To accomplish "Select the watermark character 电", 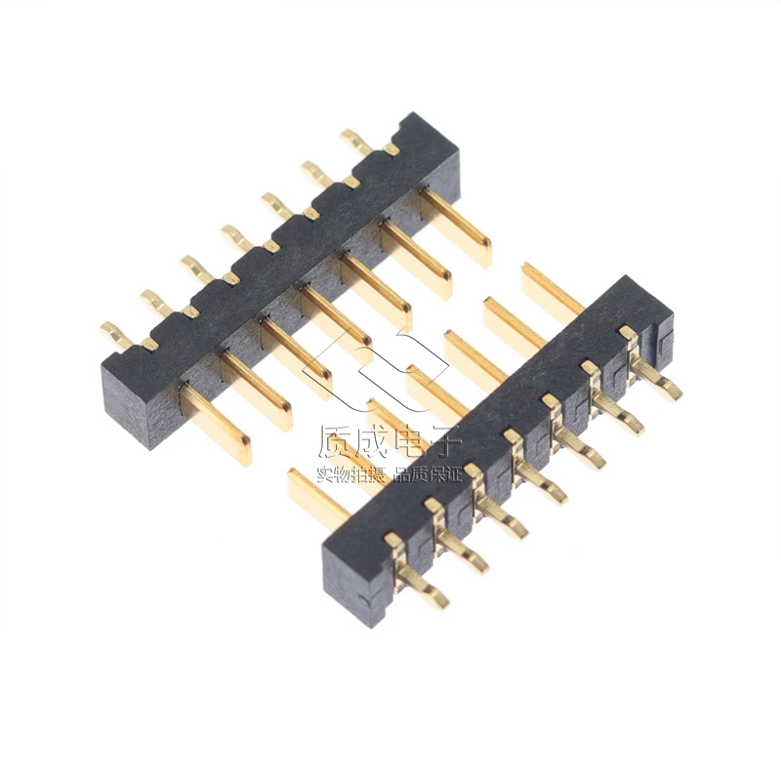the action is point(408,441).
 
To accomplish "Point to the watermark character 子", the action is point(444,441).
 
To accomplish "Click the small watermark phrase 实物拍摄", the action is point(351,474).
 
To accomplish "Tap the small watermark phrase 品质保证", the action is point(428,474).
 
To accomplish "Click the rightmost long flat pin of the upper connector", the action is point(456,227).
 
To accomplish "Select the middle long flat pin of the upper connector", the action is point(336,325).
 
